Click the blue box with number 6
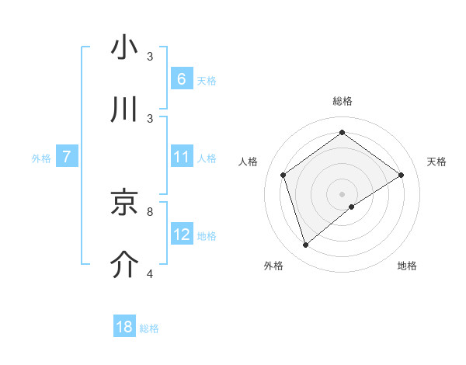pos(181,79)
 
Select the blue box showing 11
pos(181,157)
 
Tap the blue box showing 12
pos(181,235)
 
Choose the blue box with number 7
pos(68,157)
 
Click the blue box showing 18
pos(124,327)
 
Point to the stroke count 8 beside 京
pos(150,211)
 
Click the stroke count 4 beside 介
pos(150,273)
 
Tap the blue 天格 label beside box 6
pos(207,80)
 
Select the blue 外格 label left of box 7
pos(41,158)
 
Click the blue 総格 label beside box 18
pos(149,328)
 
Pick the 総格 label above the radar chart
pos(342,101)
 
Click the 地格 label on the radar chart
pos(407,266)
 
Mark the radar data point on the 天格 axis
pos(401,175)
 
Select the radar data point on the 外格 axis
pos(305,245)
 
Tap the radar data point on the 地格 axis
pos(352,207)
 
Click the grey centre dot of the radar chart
pos(342,193)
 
